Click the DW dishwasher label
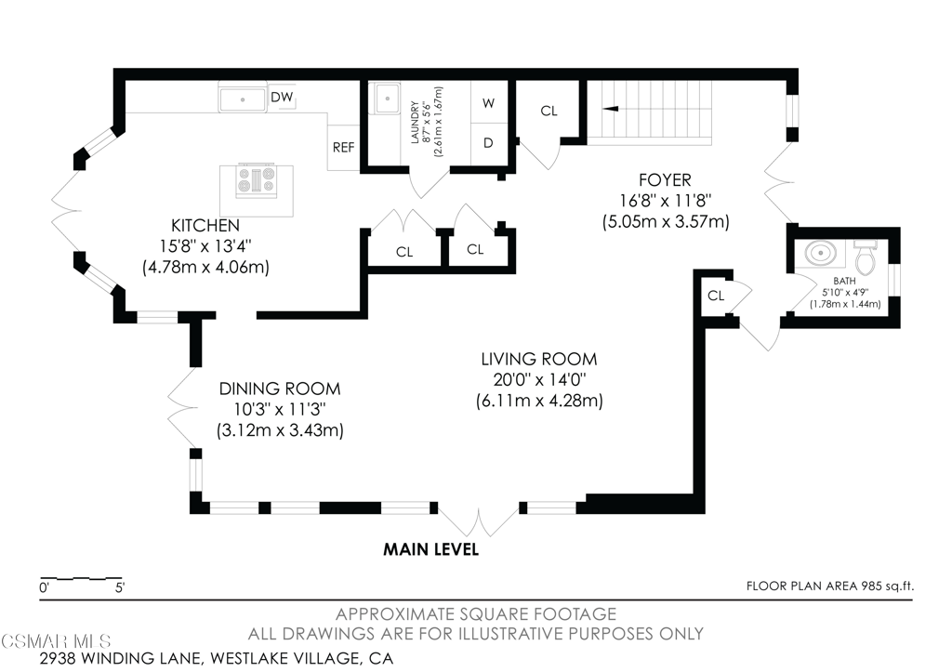(282, 97)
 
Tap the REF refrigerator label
(344, 148)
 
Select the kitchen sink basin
(243, 99)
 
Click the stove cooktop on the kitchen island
(256, 179)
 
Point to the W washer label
(489, 103)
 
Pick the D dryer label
(488, 143)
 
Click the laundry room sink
(386, 98)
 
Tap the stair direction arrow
(610, 109)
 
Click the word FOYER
(665, 180)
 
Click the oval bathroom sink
(821, 253)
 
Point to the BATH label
(844, 281)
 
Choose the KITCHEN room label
(205, 226)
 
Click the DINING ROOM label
(280, 389)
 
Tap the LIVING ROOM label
(539, 360)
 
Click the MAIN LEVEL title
(431, 550)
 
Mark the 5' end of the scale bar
(122, 578)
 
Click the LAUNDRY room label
(416, 123)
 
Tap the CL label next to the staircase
(549, 112)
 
